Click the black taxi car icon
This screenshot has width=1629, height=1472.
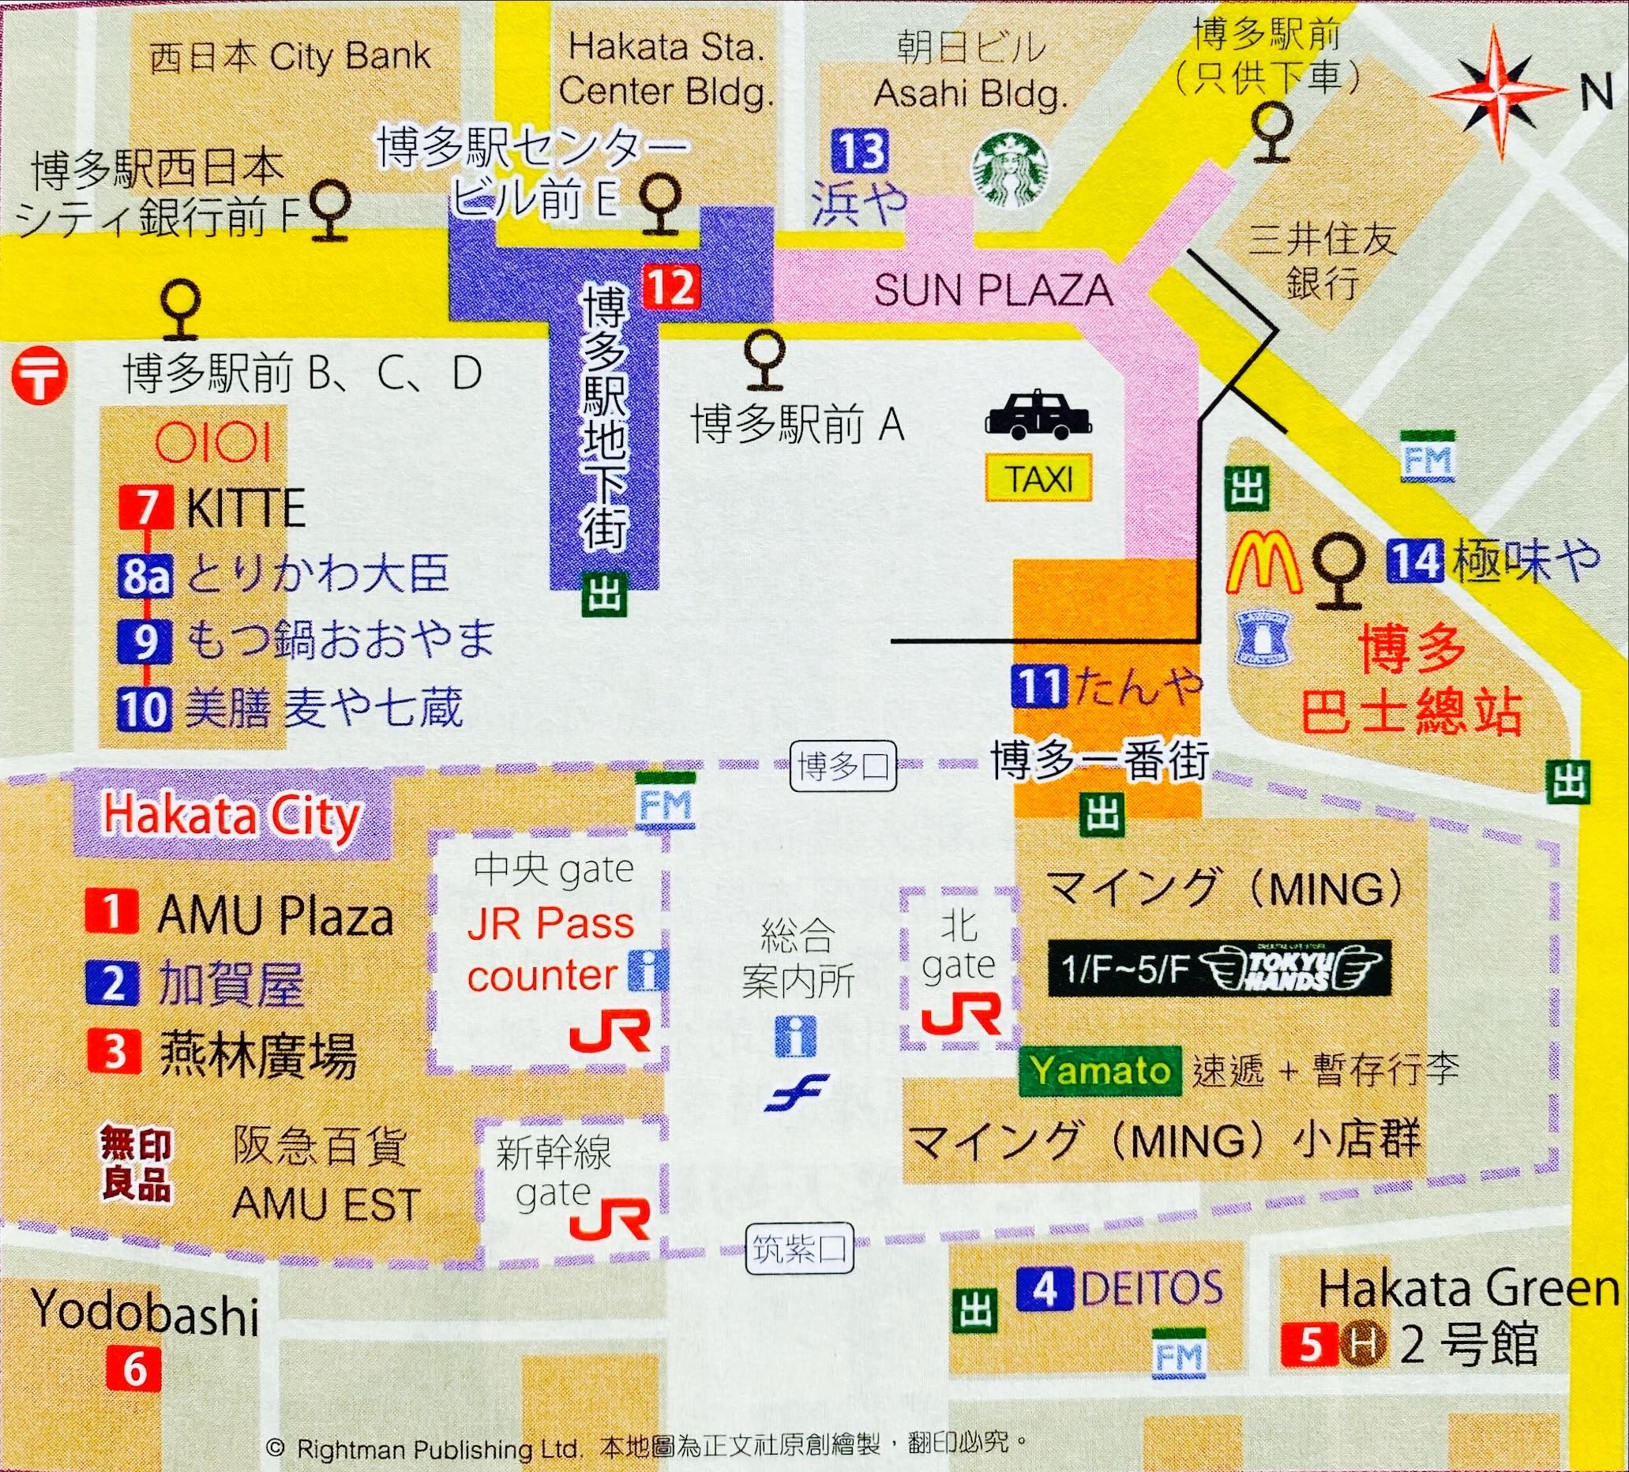(1038, 415)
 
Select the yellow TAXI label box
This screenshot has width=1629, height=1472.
(1038, 480)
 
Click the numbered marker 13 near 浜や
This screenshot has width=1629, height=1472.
(860, 151)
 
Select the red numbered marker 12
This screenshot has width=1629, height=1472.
(670, 287)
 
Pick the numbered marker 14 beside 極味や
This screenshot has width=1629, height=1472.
(1415, 561)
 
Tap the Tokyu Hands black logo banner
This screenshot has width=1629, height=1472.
(1218, 968)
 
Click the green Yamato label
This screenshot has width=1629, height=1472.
(1100, 1072)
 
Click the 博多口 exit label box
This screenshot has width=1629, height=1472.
(843, 765)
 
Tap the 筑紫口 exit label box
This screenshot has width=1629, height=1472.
(798, 1250)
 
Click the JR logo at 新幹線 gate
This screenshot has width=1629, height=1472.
(610, 1222)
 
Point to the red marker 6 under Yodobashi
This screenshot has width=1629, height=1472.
(133, 1369)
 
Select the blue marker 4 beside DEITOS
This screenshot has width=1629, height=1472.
(1044, 1290)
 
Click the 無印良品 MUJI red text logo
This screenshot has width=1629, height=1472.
(136, 1163)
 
